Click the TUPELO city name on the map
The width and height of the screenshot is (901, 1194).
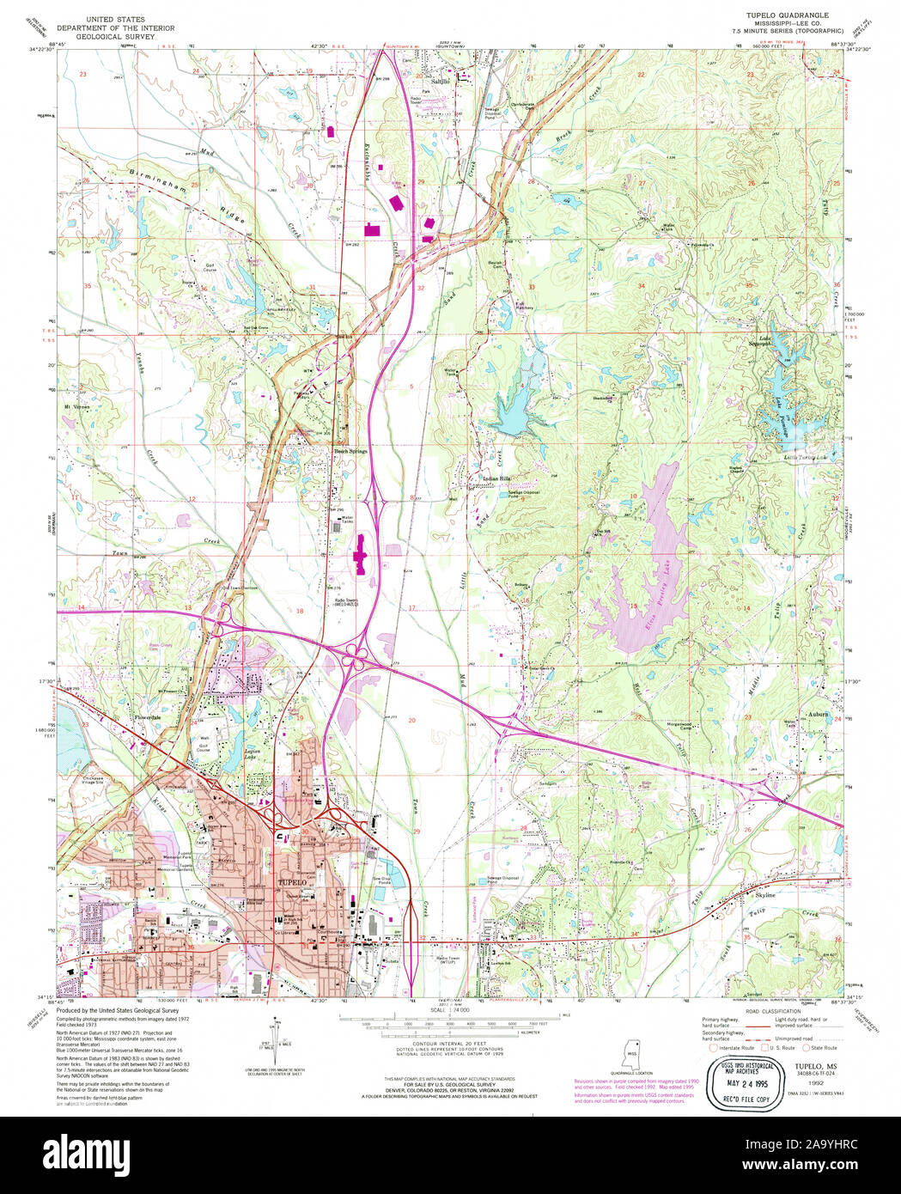coord(292,883)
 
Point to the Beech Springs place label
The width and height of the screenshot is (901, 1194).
coord(350,450)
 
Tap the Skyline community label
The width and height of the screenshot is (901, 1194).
coord(764,895)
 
